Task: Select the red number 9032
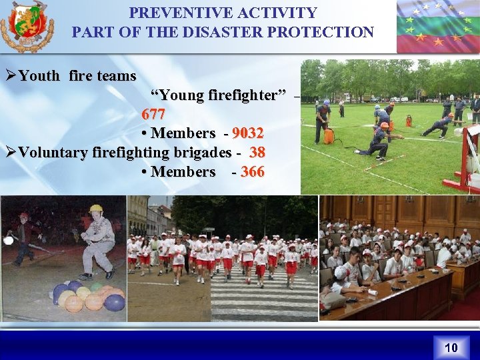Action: click(247, 133)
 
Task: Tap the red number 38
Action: click(257, 153)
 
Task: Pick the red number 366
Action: click(252, 172)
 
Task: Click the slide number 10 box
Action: click(451, 347)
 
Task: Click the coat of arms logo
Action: click(27, 27)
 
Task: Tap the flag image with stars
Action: click(437, 27)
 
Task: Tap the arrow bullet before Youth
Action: click(10, 76)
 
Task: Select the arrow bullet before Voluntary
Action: click(10, 153)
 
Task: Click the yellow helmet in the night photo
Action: click(96, 209)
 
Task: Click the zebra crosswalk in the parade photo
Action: click(263, 300)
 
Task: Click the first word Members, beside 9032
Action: click(183, 133)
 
